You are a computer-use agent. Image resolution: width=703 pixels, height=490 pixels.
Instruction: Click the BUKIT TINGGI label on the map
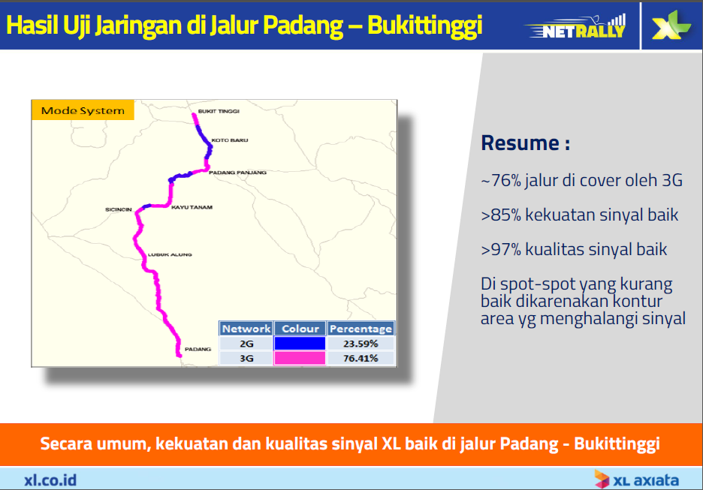click(219, 111)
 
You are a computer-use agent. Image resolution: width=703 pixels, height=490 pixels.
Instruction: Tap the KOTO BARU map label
click(230, 140)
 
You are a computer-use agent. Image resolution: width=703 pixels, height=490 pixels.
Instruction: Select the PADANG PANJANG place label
click(237, 173)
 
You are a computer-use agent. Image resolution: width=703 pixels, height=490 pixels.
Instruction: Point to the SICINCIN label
click(119, 209)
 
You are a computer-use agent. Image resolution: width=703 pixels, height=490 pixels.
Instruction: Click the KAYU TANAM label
click(192, 207)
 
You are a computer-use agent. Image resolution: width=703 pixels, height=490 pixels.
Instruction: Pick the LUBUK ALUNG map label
click(170, 254)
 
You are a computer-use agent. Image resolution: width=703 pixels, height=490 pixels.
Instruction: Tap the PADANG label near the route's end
click(198, 349)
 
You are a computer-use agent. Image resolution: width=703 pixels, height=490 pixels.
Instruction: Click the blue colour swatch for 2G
click(300, 344)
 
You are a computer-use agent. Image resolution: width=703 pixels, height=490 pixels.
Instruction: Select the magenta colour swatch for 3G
click(300, 359)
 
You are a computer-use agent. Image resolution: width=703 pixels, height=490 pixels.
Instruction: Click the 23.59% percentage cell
click(361, 344)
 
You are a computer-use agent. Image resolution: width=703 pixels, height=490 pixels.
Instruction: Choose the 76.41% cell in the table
click(361, 359)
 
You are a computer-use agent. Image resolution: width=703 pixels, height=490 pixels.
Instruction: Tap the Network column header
click(246, 329)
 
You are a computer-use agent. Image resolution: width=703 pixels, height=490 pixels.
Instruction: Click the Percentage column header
click(361, 329)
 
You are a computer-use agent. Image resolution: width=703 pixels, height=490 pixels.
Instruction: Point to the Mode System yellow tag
click(83, 110)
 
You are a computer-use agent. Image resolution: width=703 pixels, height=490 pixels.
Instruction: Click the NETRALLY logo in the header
click(577, 27)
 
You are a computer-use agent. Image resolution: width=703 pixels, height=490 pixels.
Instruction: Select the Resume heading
click(525, 143)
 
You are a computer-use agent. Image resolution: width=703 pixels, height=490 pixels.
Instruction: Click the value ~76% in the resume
click(501, 180)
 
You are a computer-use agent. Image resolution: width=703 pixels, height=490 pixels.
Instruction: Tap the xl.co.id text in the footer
click(50, 480)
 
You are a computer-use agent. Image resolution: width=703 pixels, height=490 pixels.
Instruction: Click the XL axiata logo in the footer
click(637, 479)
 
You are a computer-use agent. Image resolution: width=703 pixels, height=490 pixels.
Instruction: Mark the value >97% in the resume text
click(501, 249)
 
